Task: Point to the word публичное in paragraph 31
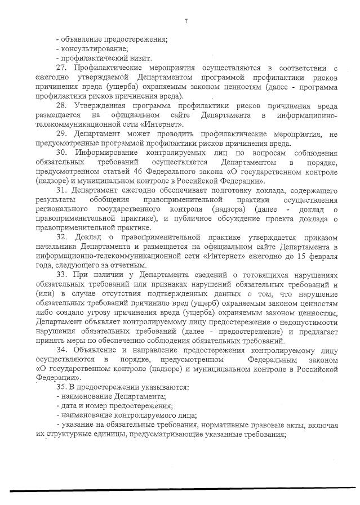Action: point(207,220)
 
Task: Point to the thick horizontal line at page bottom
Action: point(180,490)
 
